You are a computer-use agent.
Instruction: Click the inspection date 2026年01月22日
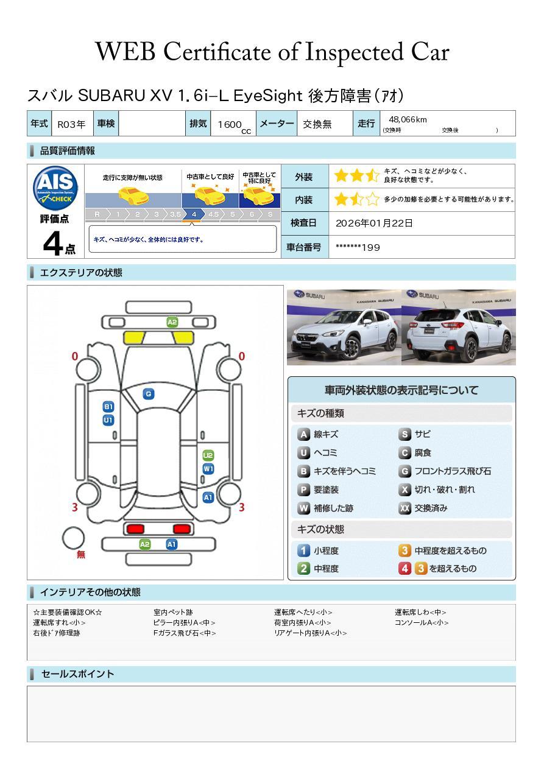point(374,223)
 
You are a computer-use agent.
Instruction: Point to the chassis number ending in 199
point(358,247)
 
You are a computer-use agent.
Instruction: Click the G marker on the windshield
point(148,394)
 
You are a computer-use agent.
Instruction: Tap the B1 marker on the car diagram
point(108,407)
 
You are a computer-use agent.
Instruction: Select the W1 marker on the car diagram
point(208,469)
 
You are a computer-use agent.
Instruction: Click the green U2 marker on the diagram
point(208,455)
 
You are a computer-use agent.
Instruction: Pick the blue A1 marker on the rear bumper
point(172,544)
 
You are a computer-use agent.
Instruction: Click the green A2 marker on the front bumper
point(172,322)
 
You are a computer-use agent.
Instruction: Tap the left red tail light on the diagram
point(134,528)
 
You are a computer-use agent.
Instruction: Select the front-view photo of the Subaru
point(344,327)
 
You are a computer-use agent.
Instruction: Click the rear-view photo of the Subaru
point(458,327)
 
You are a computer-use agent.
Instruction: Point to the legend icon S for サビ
point(404,435)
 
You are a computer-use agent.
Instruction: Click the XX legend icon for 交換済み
point(404,508)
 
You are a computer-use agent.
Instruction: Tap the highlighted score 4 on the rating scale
point(194,214)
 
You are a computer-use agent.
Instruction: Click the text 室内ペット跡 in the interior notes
point(173,613)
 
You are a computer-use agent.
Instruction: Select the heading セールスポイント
point(77,674)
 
